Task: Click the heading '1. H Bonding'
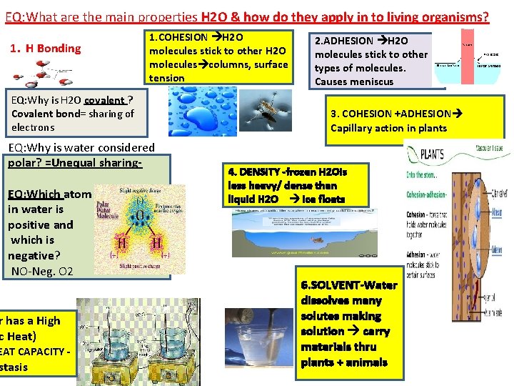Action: click(45, 49)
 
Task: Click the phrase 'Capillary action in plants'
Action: click(388, 129)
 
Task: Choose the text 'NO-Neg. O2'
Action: click(42, 271)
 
